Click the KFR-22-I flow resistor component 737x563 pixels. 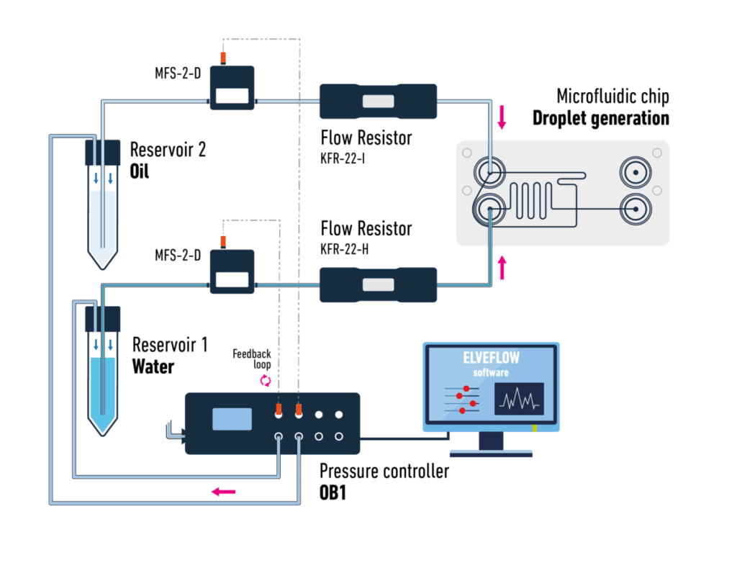pos(378,102)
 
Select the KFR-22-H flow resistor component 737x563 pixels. pos(378,284)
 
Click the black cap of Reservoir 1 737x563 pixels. pos(102,317)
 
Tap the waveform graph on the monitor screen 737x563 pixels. pos(518,399)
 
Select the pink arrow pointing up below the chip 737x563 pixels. pos(502,268)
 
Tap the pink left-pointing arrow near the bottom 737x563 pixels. pos(223,492)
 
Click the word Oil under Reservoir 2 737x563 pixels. pos(140,173)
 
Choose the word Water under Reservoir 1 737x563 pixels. pos(153,366)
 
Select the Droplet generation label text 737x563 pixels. pos(600,118)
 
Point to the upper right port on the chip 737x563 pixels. pos(636,174)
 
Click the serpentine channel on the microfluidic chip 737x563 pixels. pos(533,202)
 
